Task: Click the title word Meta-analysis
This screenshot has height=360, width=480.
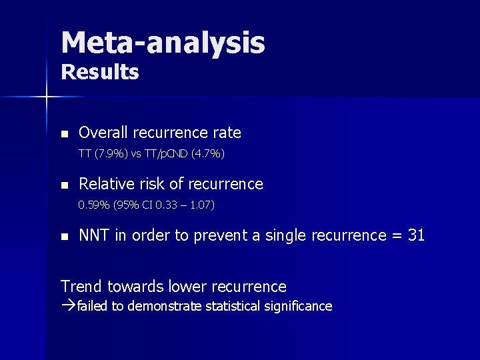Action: click(163, 42)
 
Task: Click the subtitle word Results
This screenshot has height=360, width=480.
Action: click(100, 72)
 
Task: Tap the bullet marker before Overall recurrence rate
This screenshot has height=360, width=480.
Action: click(64, 133)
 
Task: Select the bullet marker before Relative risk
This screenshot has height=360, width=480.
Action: click(64, 185)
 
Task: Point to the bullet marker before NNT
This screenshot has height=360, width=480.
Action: click(64, 236)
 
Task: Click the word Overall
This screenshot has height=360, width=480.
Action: click(103, 133)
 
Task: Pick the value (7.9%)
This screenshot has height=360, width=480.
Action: click(111, 154)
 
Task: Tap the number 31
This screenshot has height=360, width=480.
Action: click(415, 235)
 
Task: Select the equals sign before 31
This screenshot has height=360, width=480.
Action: click(395, 236)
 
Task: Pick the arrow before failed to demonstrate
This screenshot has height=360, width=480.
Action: click(67, 307)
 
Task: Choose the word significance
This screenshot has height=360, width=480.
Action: click(299, 307)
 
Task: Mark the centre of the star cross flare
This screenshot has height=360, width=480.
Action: click(46, 97)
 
